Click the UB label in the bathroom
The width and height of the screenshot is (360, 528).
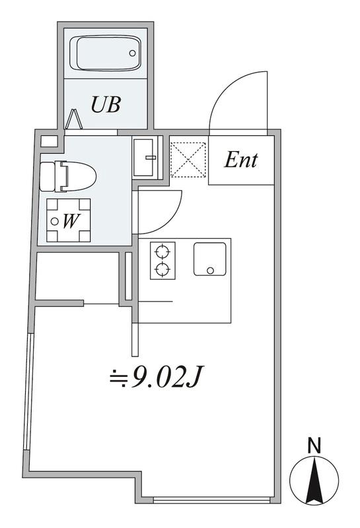point(106,104)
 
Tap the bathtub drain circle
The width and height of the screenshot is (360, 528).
point(133,53)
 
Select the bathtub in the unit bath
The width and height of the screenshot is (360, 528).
point(105,53)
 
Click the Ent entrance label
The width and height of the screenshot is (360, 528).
point(241,160)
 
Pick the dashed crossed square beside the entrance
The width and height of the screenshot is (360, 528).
point(188,160)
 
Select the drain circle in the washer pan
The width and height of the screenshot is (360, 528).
point(55,221)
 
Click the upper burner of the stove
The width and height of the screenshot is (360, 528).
point(162,251)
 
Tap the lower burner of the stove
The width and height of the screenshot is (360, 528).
point(162,269)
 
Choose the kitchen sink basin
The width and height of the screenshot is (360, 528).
point(209,259)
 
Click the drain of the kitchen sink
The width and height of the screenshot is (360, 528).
point(211,270)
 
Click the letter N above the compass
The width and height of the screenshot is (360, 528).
point(314,446)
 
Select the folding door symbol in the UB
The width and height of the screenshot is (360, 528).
point(74,119)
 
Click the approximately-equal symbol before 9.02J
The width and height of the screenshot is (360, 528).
point(119,378)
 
